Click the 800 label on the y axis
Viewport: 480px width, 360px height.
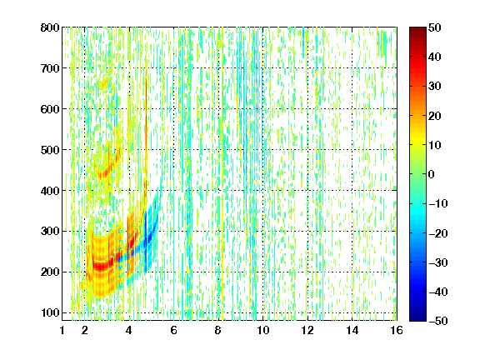pyautogui.click(x=50, y=27)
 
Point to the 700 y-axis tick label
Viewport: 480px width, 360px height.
pyautogui.click(x=50, y=68)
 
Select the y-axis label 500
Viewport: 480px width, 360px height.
pyautogui.click(x=50, y=150)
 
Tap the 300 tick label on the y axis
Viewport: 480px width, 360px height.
pyautogui.click(x=50, y=232)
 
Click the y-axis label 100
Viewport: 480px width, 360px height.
pyautogui.click(x=50, y=312)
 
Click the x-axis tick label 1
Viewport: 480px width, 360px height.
pyautogui.click(x=62, y=330)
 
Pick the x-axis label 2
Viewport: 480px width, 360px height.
pyautogui.click(x=85, y=330)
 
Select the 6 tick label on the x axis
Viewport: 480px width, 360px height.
pyautogui.click(x=174, y=330)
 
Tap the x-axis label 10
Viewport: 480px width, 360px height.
pyautogui.click(x=263, y=330)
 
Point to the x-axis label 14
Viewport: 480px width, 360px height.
pyautogui.click(x=352, y=330)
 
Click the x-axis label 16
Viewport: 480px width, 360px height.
pyautogui.click(x=397, y=330)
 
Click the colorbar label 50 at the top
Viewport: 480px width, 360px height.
pyautogui.click(x=434, y=27)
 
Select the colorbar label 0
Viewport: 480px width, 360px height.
pyautogui.click(x=432, y=174)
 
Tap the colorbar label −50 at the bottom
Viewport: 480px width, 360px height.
pyautogui.click(x=438, y=321)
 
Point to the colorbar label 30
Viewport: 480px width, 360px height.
pyautogui.click(x=434, y=87)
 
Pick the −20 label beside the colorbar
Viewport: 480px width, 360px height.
pyautogui.click(x=438, y=233)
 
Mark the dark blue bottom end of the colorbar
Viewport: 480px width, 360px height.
pyautogui.click(x=417, y=318)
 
